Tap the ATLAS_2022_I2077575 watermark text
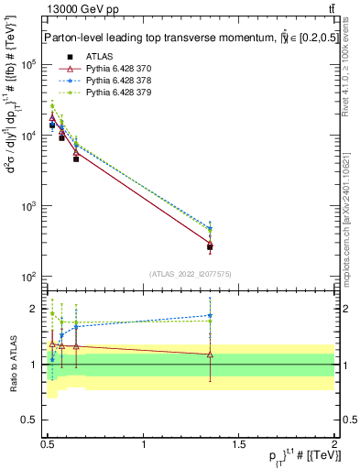coord(191,274)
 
